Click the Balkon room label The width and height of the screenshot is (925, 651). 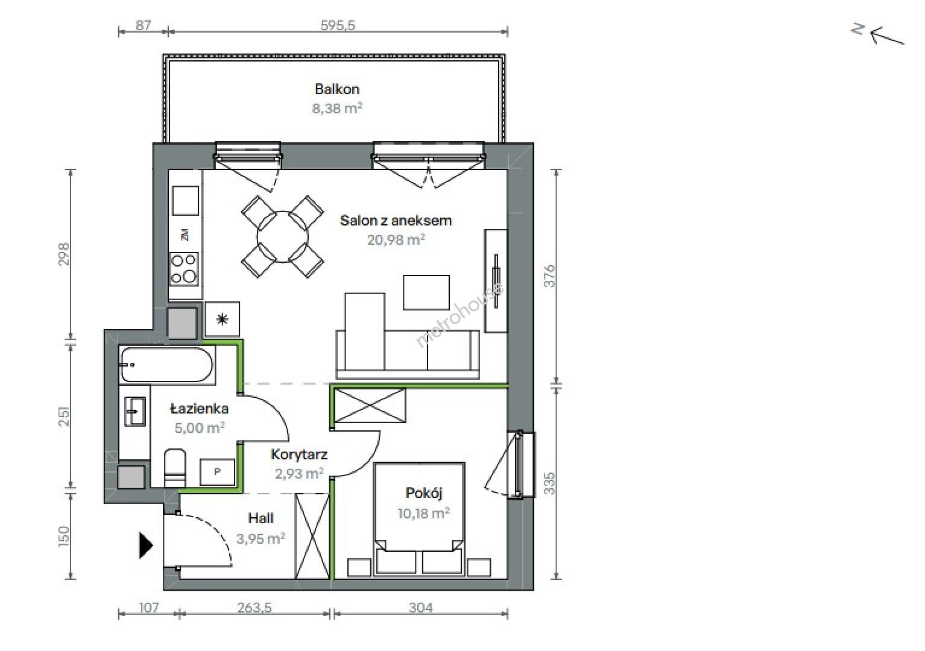coord(337,89)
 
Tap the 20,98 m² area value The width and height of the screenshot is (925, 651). coord(396,239)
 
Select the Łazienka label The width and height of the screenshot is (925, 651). coord(200,409)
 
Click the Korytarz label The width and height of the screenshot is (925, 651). coord(299,454)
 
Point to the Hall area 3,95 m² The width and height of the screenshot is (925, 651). coord(260,538)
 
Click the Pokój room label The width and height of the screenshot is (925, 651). coord(424,493)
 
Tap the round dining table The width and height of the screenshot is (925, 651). coord(282,237)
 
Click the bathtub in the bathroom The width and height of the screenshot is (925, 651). coord(167,365)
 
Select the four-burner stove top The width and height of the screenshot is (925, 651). coord(184,269)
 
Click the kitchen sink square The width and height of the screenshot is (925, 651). coord(185,200)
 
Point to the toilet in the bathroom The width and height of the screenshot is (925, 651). coord(175,468)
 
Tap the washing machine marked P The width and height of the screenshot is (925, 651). coord(217,472)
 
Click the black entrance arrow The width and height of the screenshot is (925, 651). coord(146,546)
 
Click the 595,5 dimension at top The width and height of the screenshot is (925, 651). coord(338,25)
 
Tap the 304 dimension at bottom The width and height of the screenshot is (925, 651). coord(421,608)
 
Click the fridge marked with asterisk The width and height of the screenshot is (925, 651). coord(222,319)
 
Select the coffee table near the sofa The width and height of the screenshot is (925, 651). coord(426,292)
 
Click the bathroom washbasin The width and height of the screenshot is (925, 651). coord(135,411)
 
